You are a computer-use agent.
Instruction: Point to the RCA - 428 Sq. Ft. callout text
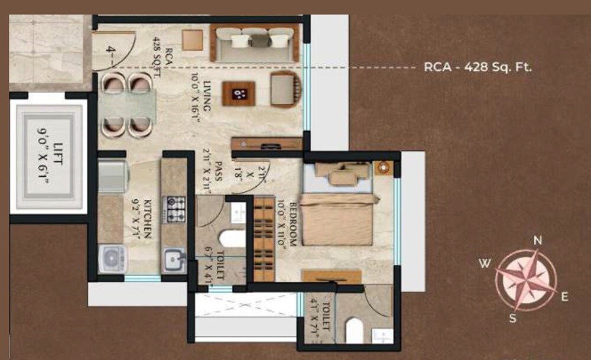pyautogui.click(x=478, y=67)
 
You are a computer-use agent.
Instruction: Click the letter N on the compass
pyautogui.click(x=537, y=240)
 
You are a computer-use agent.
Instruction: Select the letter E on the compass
pyautogui.click(x=564, y=297)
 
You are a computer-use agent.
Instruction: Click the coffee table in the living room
pyautogui.click(x=239, y=93)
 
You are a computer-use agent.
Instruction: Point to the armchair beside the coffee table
pyautogui.click(x=285, y=89)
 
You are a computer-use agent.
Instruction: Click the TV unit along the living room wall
pyautogui.click(x=267, y=144)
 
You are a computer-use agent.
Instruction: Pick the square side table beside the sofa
pyautogui.click(x=193, y=40)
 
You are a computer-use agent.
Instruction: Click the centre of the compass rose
pyautogui.click(x=525, y=280)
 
